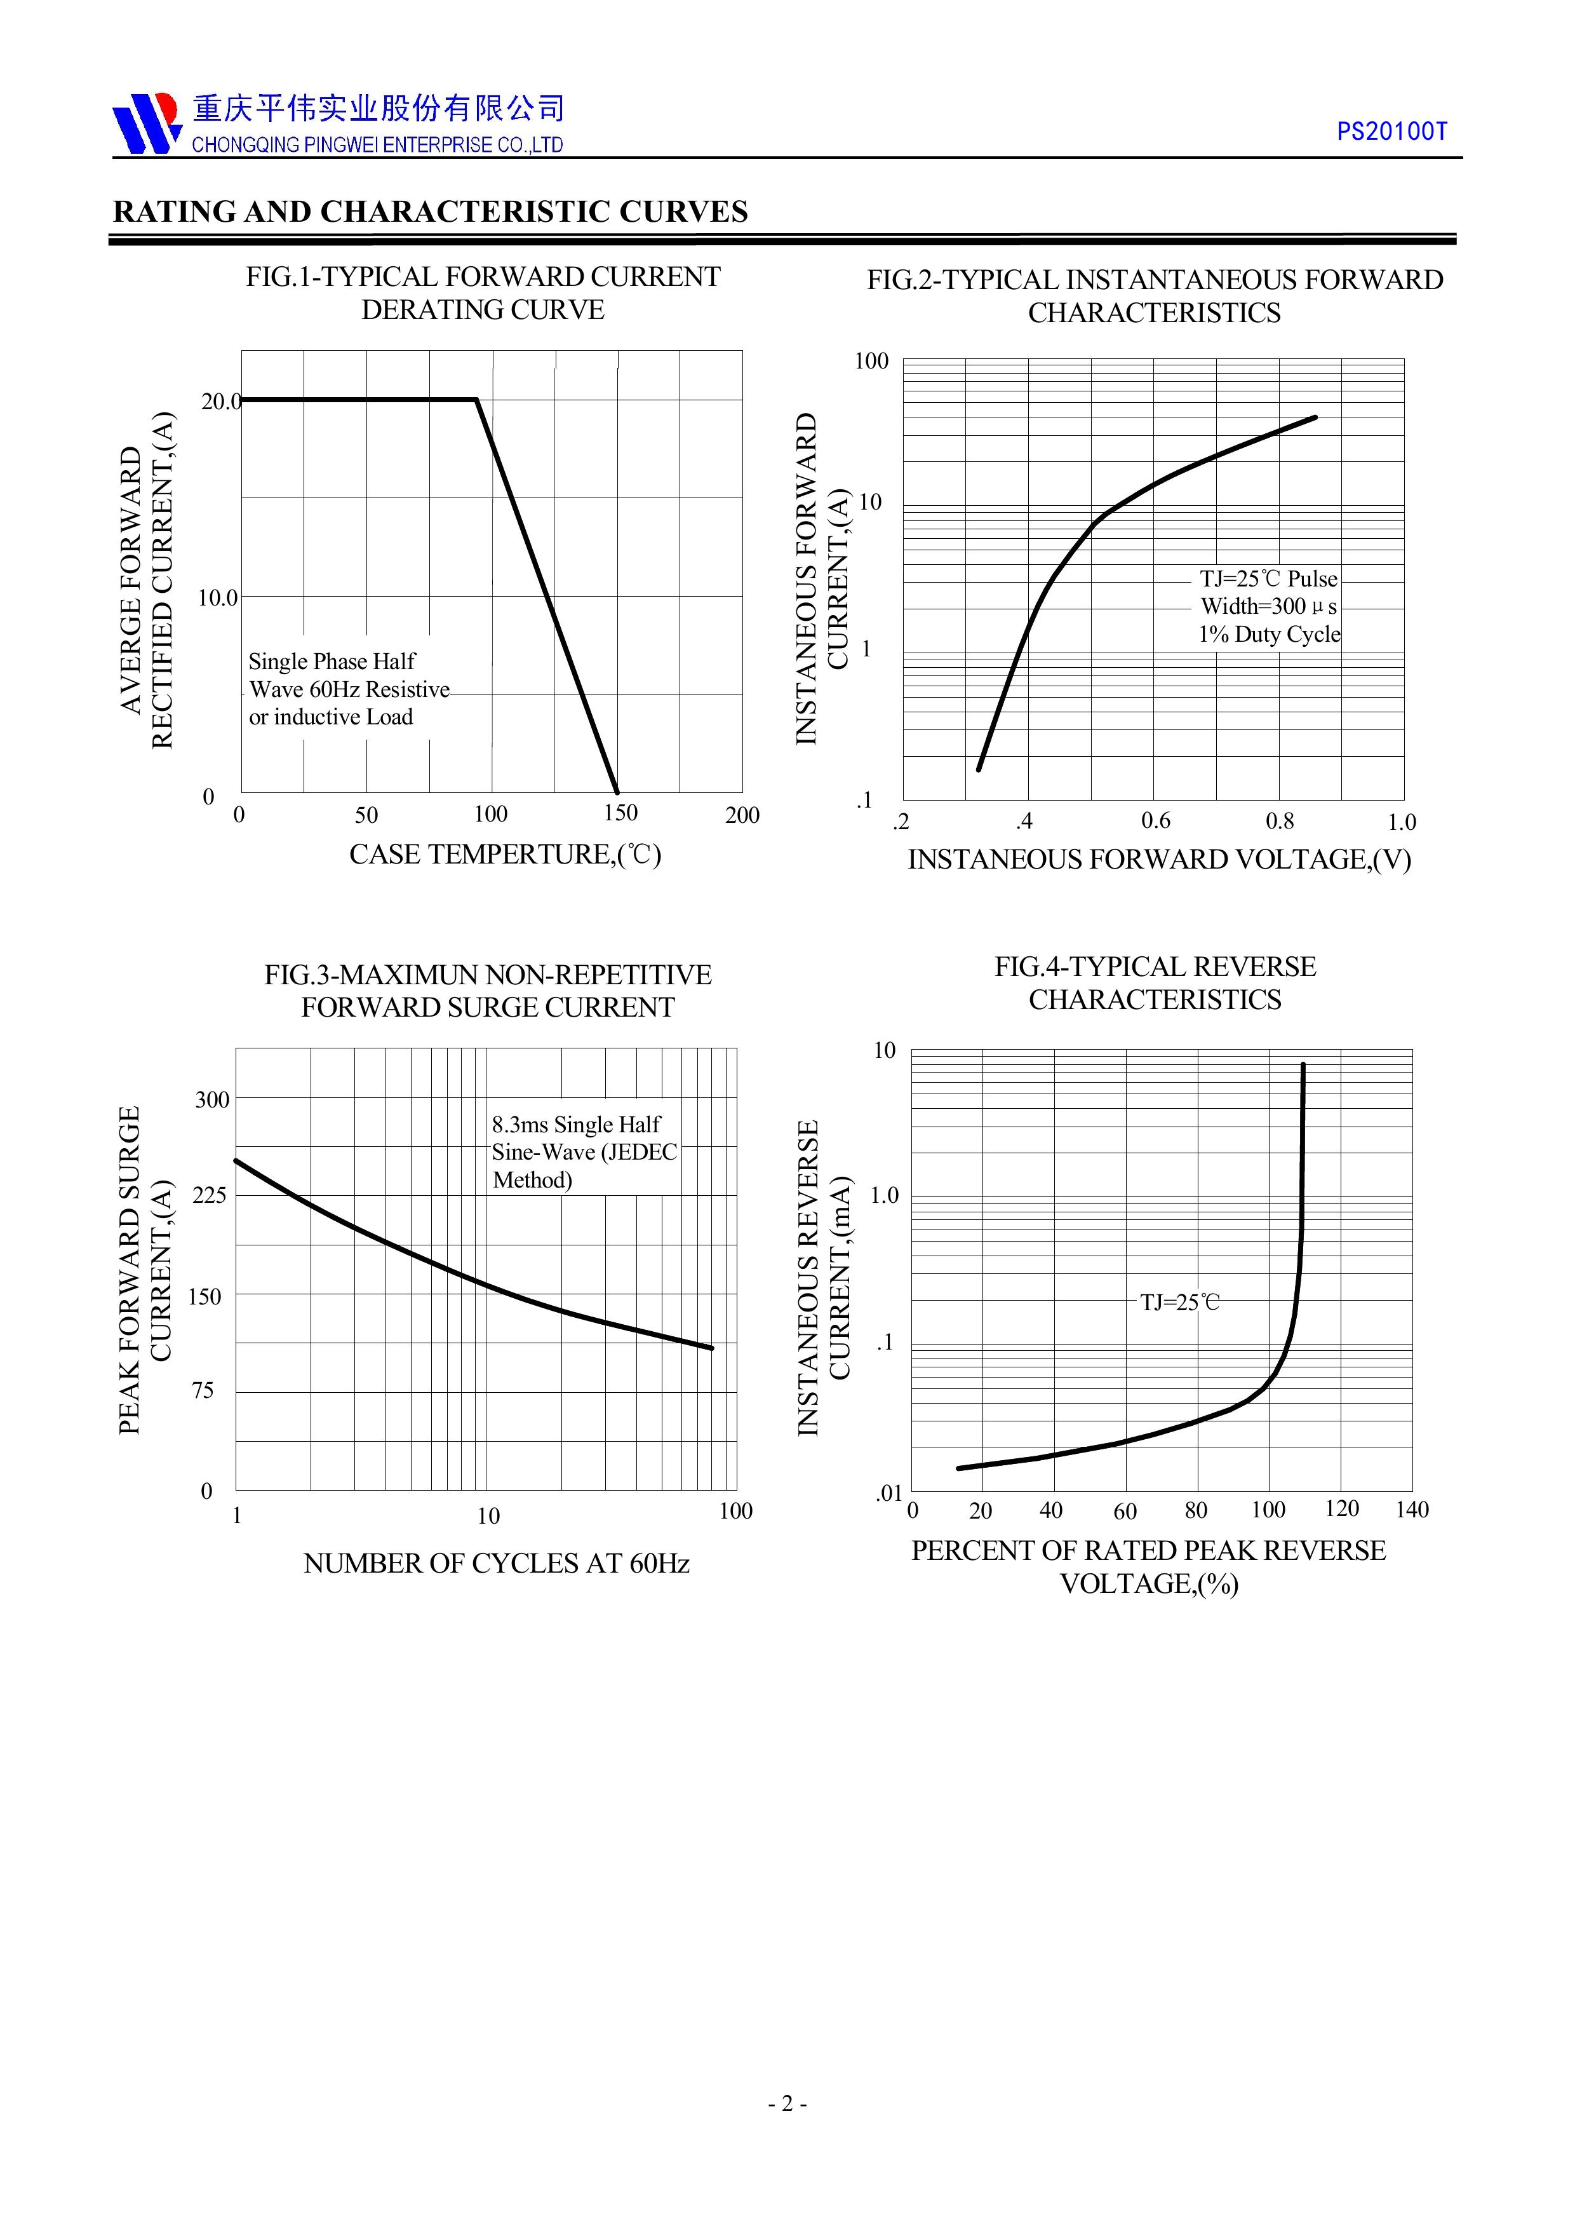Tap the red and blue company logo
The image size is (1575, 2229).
click(x=147, y=123)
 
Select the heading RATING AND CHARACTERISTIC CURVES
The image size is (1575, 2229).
click(x=430, y=212)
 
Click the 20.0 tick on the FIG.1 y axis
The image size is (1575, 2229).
click(x=220, y=401)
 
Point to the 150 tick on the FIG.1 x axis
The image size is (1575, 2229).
click(x=620, y=813)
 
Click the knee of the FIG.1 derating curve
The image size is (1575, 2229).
click(x=476, y=399)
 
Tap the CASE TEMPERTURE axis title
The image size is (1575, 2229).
click(x=505, y=855)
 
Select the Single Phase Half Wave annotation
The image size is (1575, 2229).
click(x=349, y=689)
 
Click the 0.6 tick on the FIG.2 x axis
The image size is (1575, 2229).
click(x=1155, y=822)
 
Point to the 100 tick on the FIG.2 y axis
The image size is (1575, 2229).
click(x=871, y=361)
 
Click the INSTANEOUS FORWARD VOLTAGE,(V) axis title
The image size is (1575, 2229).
click(x=1158, y=860)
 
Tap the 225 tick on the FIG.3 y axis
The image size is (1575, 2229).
click(x=210, y=1195)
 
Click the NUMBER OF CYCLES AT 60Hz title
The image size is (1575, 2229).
click(x=496, y=1563)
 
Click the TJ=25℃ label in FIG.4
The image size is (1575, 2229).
click(x=1180, y=1303)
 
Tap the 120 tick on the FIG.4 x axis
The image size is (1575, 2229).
click(x=1341, y=1508)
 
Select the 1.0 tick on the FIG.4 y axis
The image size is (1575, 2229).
click(x=884, y=1195)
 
